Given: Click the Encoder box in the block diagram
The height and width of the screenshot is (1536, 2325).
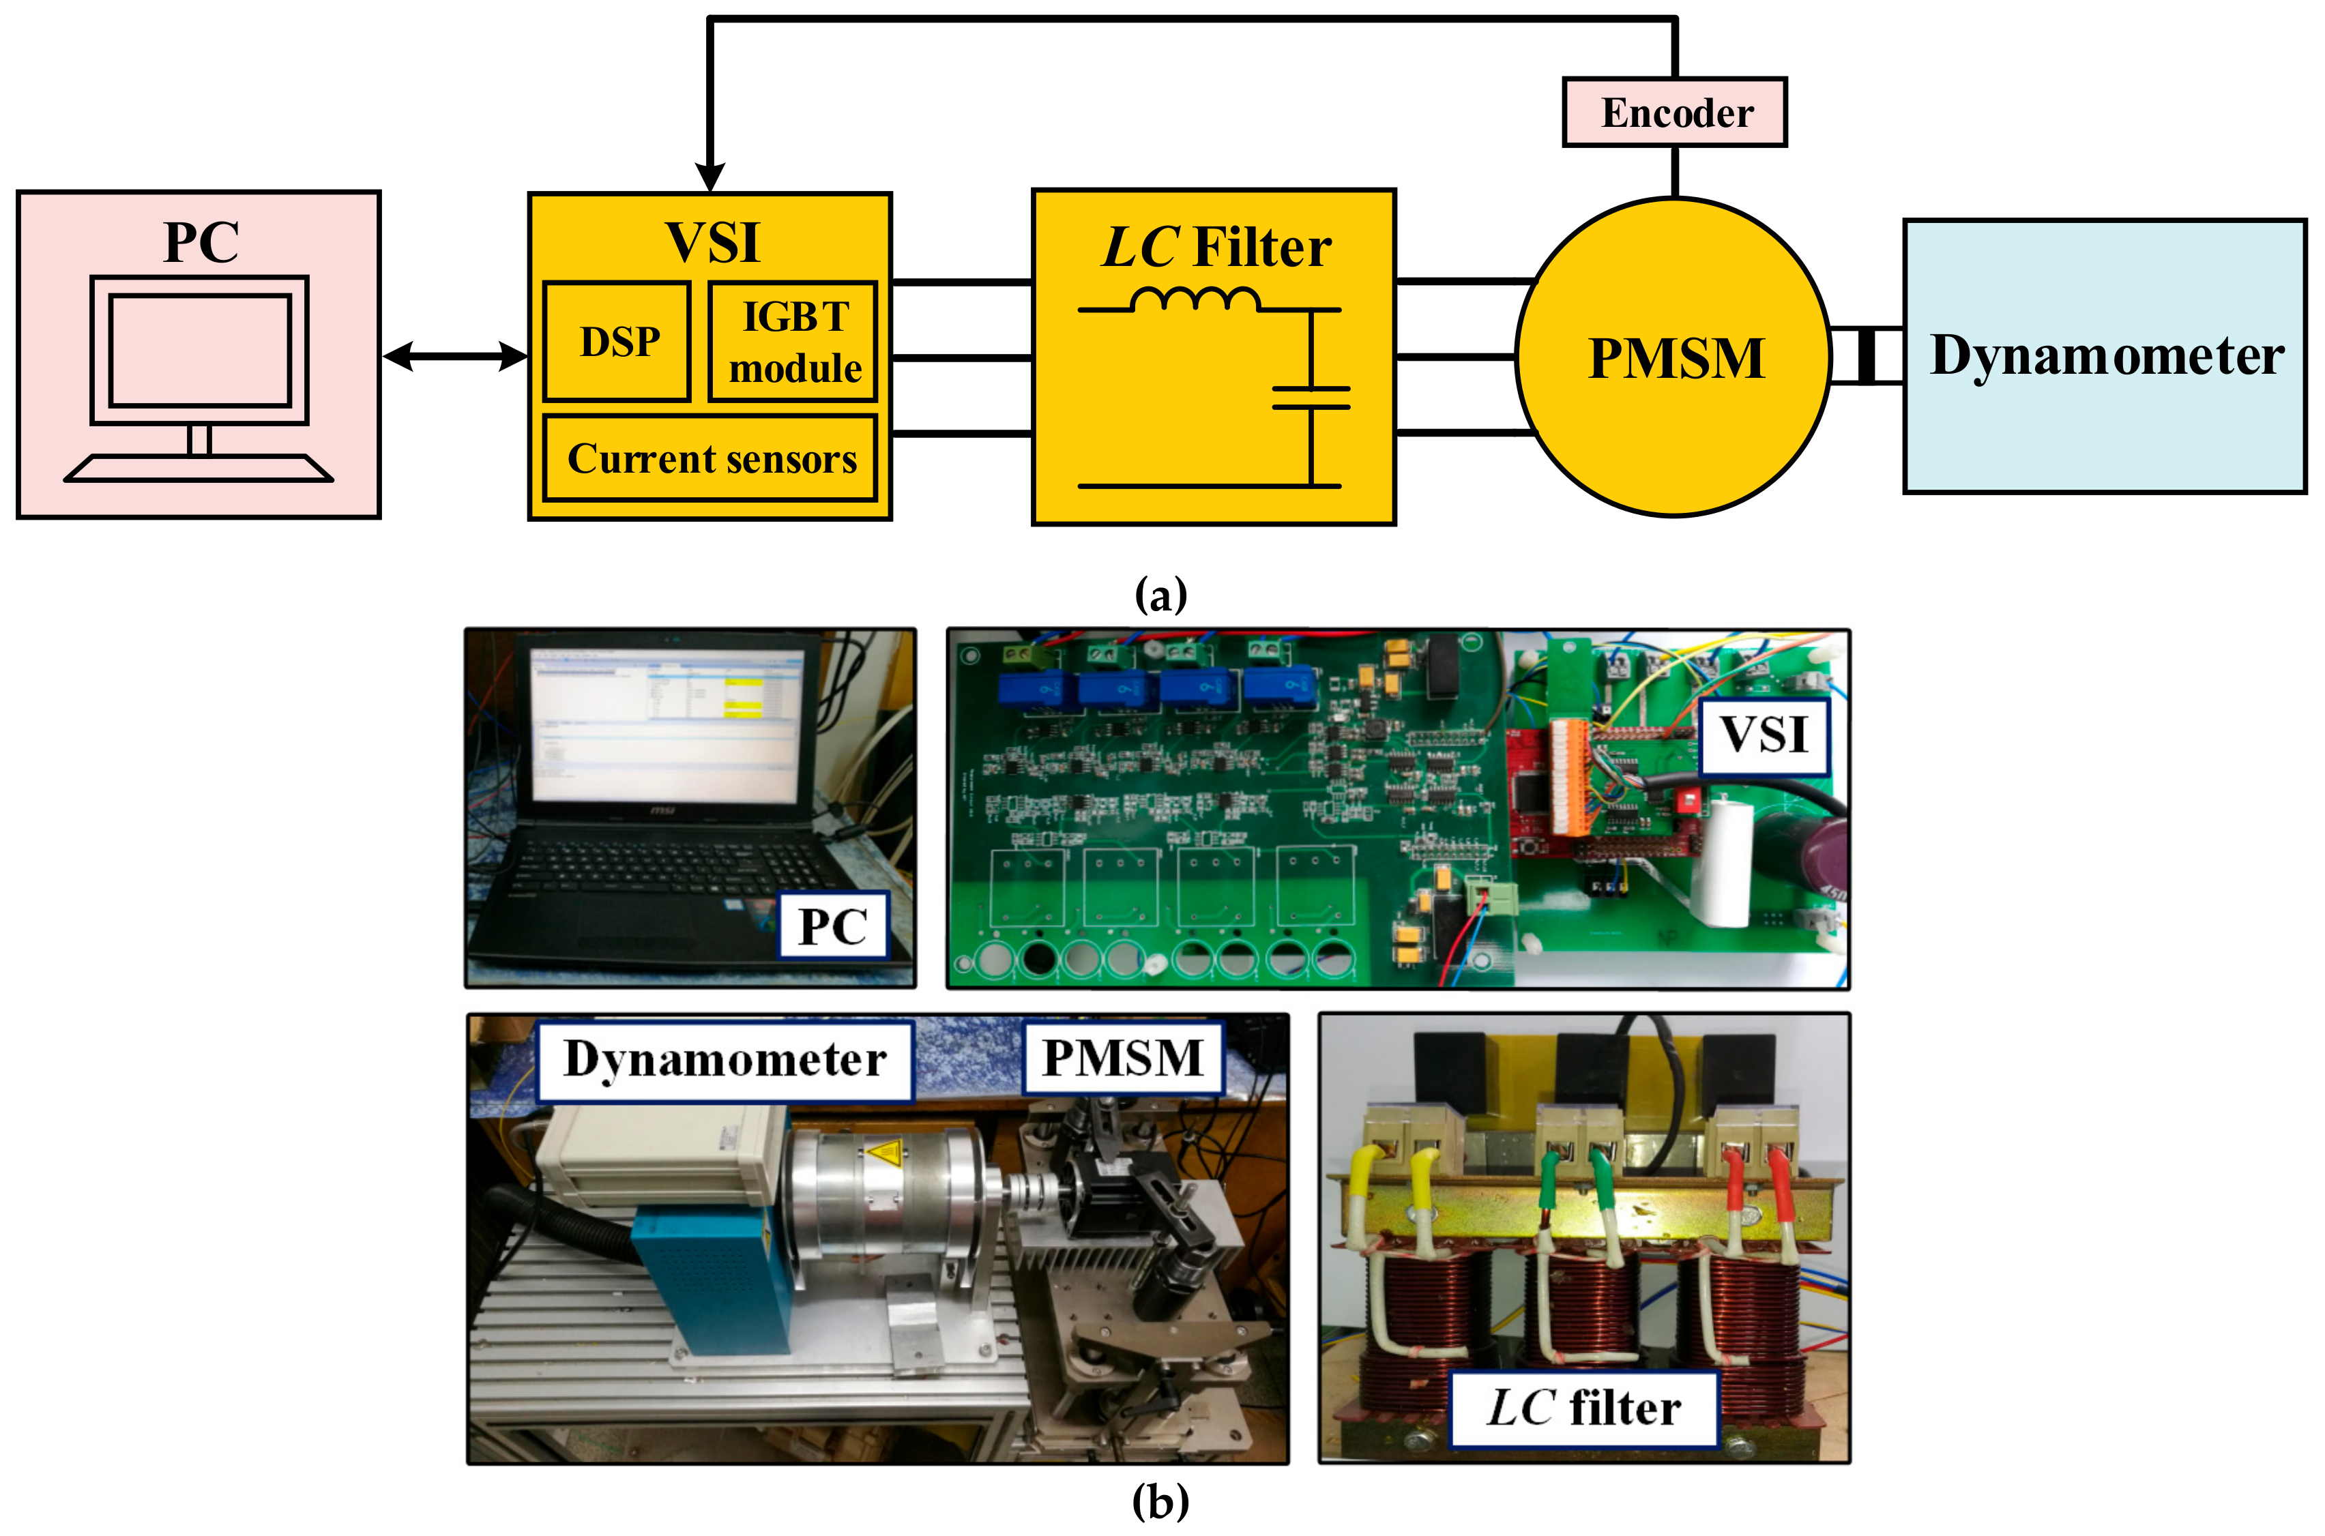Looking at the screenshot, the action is pos(1674,113).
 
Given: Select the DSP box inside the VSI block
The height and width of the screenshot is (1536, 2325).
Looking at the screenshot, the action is pos(617,341).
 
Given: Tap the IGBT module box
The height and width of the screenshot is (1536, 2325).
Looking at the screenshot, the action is pos(793,341).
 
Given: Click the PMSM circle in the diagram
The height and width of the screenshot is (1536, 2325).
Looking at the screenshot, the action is pos(1673,357).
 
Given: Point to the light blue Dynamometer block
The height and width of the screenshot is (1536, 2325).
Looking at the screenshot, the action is pos(2105,357).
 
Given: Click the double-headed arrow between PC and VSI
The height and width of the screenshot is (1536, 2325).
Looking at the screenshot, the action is pos(456,357).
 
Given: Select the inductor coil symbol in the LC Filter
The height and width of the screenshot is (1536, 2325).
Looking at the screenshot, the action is pos(1195,299).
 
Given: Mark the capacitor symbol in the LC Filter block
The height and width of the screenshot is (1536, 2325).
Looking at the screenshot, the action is pos(1311,398).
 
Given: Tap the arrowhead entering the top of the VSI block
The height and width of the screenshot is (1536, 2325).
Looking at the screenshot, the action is pos(710,177).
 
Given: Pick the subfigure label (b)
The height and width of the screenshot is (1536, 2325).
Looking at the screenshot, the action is pos(1161,1501).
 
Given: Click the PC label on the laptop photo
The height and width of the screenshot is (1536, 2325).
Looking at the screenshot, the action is pos(833,926).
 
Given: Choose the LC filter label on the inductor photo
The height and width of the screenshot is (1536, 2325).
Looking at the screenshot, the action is pos(1583,1408).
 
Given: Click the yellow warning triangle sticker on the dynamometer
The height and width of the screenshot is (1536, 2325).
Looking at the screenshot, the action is pos(883,1152).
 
